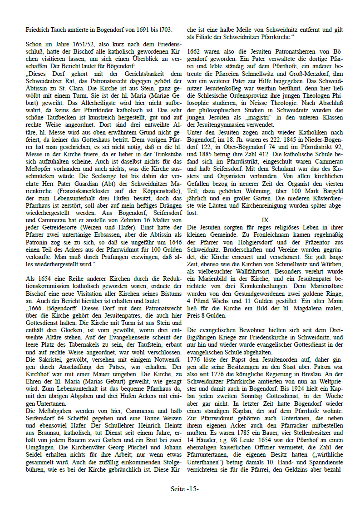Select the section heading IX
click(x=265, y=220)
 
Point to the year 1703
click(x=164, y=30)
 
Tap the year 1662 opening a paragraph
click(x=194, y=52)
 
